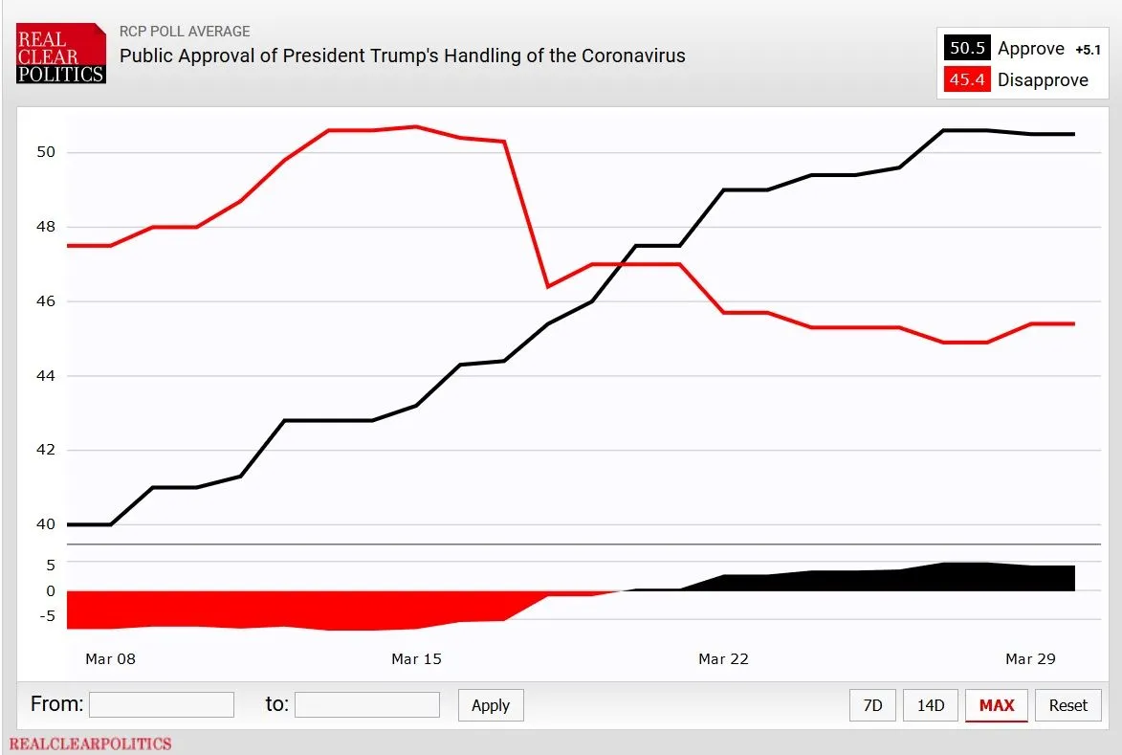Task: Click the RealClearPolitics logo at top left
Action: [x=60, y=55]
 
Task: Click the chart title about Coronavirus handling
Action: [x=402, y=56]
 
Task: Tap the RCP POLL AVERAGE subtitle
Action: [x=185, y=32]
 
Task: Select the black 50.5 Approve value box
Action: [x=967, y=49]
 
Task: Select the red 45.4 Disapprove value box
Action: [x=967, y=80]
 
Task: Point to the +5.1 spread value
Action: [x=1088, y=50]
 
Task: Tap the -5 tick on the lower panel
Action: [x=47, y=616]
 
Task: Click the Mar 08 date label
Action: [x=110, y=658]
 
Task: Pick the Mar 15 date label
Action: [x=417, y=658]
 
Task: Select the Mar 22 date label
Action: [x=723, y=658]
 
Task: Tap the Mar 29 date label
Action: [x=1030, y=658]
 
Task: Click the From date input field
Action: [x=162, y=705]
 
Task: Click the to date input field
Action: [x=367, y=705]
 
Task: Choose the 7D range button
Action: [x=872, y=705]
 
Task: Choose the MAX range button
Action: [x=996, y=705]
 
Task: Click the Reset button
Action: [x=1067, y=705]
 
